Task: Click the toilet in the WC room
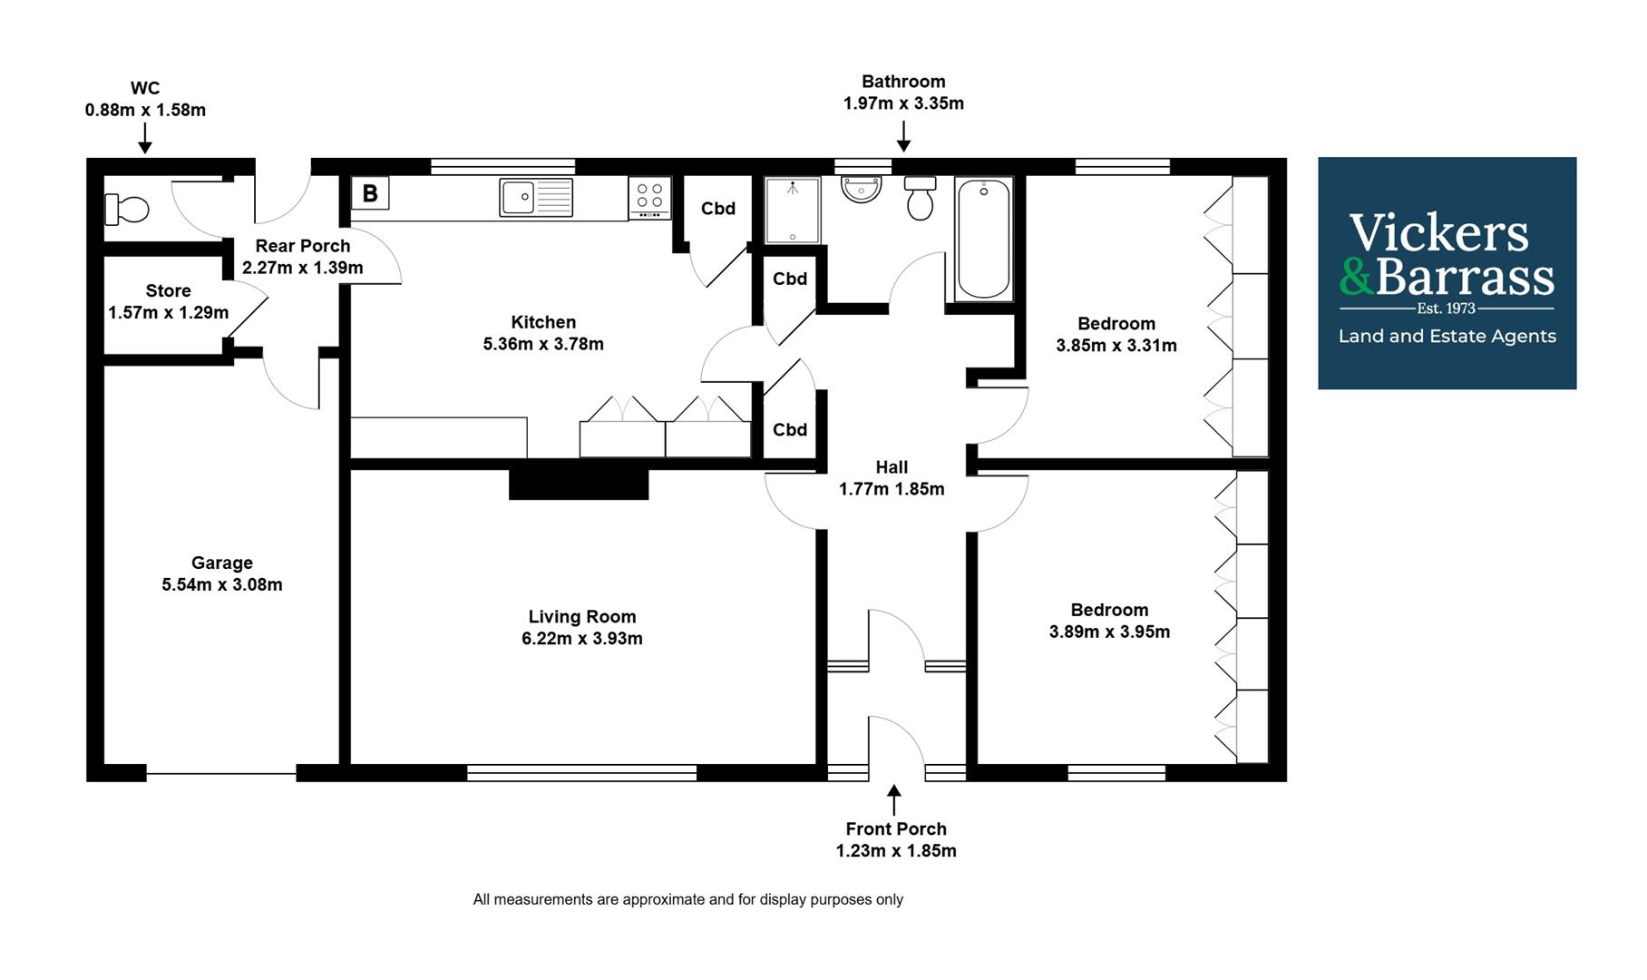pyautogui.click(x=126, y=210)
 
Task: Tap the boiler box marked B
pyautogui.click(x=370, y=193)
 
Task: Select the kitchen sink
pyautogui.click(x=535, y=197)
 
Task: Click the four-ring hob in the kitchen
pyautogui.click(x=649, y=197)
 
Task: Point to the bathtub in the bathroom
pyautogui.click(x=984, y=239)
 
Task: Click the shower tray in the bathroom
pyautogui.click(x=793, y=211)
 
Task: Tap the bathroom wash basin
pyautogui.click(x=861, y=189)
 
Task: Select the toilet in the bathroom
pyautogui.click(x=920, y=197)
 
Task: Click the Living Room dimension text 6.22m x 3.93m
pyautogui.click(x=581, y=639)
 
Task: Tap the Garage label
pyautogui.click(x=221, y=563)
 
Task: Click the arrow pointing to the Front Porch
pyautogui.click(x=894, y=800)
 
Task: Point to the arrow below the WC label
pyautogui.click(x=144, y=139)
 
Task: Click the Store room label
pyautogui.click(x=168, y=290)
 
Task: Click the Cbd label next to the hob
pyautogui.click(x=717, y=209)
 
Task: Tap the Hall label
pyautogui.click(x=891, y=467)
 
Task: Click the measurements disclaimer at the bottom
pyautogui.click(x=687, y=899)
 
